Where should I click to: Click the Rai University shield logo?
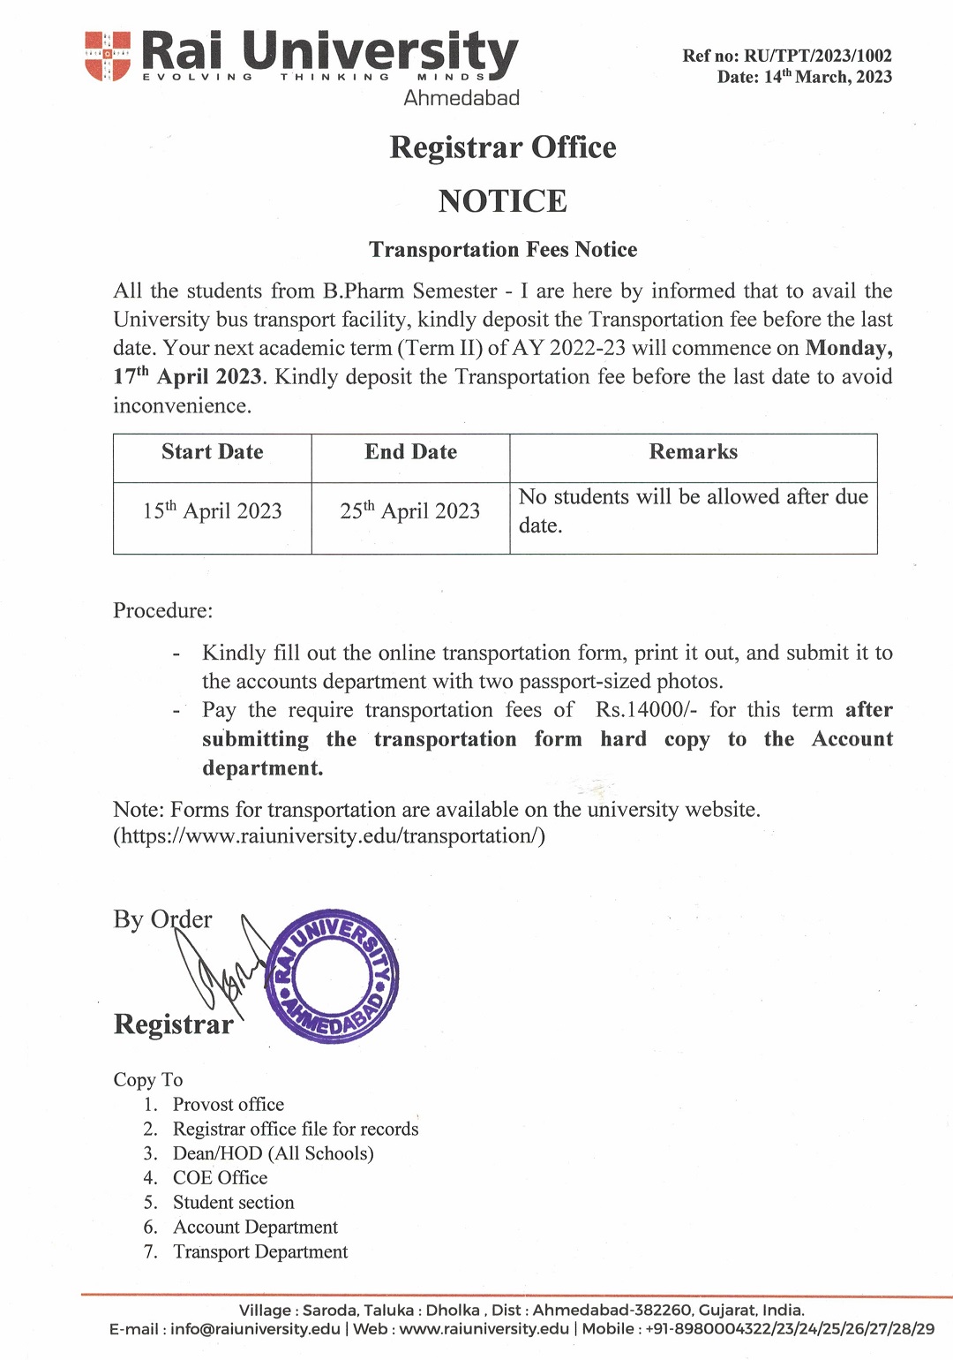click(x=108, y=56)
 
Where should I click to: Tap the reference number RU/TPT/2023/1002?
click(x=818, y=56)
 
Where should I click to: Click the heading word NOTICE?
click(x=502, y=201)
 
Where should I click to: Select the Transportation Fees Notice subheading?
click(x=502, y=250)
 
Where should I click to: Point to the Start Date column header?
click(x=212, y=452)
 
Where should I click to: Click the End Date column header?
click(x=410, y=452)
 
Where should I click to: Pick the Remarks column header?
click(x=693, y=452)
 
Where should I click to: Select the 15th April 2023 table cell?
click(x=212, y=510)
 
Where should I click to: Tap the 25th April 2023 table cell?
click(x=410, y=510)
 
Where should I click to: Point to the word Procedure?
click(x=162, y=611)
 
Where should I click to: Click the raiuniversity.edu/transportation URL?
click(x=329, y=835)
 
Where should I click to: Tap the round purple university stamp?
click(x=333, y=977)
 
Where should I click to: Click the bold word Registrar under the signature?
click(x=174, y=1024)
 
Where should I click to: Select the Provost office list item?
click(x=229, y=1105)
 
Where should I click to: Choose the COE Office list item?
click(x=220, y=1178)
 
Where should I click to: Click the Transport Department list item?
click(x=260, y=1252)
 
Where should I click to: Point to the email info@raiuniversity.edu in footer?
click(x=255, y=1329)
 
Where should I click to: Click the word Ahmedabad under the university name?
click(x=461, y=98)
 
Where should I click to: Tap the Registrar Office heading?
click(x=502, y=147)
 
